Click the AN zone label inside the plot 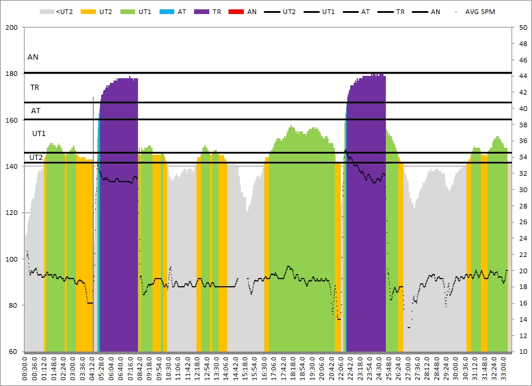click(33, 57)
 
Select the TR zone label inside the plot click(34, 88)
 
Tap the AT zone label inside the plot click(36, 110)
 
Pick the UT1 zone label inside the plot click(39, 134)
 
